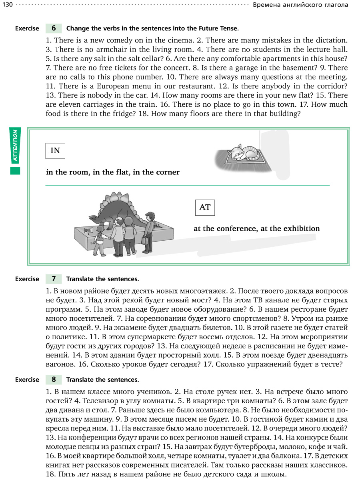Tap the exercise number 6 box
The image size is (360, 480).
pos(54,28)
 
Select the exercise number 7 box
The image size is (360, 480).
pos(54,279)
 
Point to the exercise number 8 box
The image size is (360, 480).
pos(54,379)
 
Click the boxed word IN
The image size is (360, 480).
pos(55,151)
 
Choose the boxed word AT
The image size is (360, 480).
pos(204,207)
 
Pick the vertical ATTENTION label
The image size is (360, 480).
pos(15,146)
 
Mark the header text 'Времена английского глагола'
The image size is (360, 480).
pos(300,5)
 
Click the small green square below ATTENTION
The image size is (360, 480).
pos(15,171)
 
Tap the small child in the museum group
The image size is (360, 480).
pos(98,244)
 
